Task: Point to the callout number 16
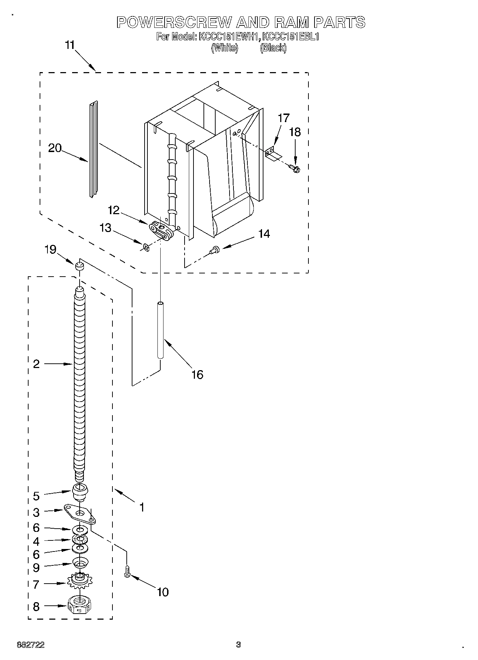click(197, 374)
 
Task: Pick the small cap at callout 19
click(79, 266)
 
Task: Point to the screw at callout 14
click(215, 251)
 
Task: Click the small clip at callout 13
click(145, 247)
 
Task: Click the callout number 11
click(70, 45)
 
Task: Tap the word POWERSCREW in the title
click(174, 22)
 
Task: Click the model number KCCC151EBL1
click(290, 37)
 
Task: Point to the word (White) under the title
click(225, 48)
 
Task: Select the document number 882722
click(31, 645)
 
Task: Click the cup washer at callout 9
click(80, 563)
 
